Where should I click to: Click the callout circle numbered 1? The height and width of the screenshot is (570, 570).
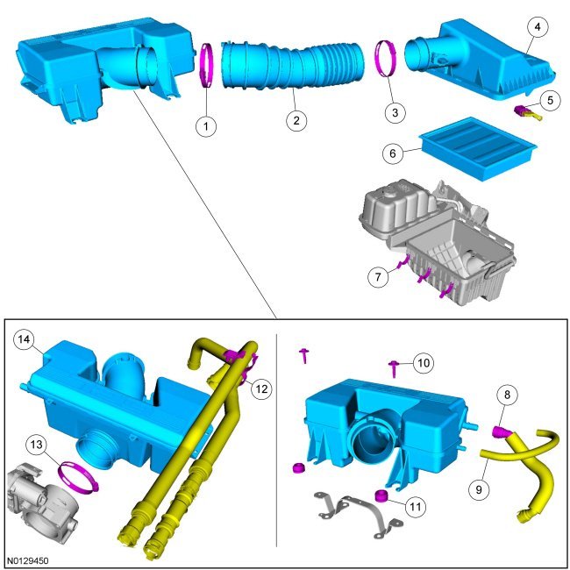click(206, 126)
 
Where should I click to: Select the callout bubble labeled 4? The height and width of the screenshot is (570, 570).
click(538, 26)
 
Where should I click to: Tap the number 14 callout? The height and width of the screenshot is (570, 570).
click(24, 339)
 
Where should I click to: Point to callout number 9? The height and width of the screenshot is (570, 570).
click(479, 489)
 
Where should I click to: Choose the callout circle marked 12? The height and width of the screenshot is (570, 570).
click(261, 389)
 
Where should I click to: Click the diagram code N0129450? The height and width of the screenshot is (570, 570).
click(28, 561)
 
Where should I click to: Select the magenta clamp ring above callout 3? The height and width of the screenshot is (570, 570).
click(386, 58)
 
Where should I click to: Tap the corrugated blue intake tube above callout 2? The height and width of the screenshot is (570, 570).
click(293, 65)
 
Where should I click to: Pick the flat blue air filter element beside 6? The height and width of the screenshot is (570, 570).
click(478, 149)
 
